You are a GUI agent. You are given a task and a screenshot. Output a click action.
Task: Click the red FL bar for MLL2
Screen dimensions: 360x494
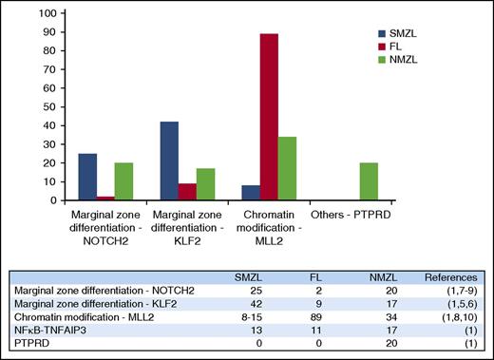pyautogui.click(x=269, y=117)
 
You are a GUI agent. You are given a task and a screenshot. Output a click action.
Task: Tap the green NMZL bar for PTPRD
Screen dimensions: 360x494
pyautogui.click(x=370, y=181)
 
